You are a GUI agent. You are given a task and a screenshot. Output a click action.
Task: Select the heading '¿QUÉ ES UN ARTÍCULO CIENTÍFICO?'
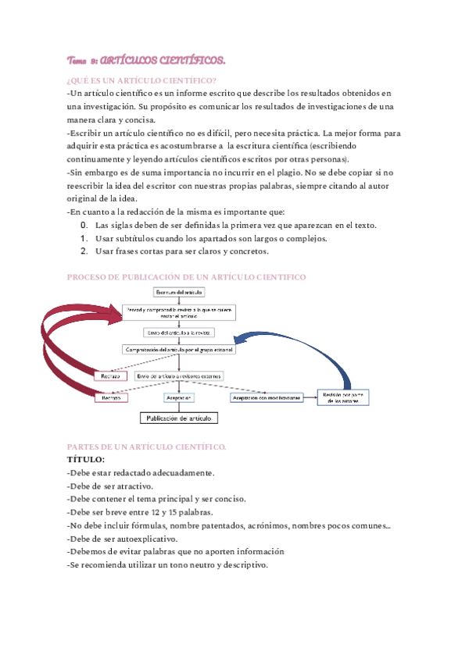coord(142,80)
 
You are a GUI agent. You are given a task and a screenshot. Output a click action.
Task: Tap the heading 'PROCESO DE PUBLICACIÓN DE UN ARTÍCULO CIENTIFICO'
coord(187,277)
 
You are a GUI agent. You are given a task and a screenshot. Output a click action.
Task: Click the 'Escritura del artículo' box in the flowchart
coord(180,292)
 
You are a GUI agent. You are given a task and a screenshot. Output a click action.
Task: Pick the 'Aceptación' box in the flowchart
coord(179,397)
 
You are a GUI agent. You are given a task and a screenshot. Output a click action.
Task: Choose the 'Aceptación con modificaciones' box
coord(266,397)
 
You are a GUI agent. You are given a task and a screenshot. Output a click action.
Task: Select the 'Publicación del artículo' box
coord(179,418)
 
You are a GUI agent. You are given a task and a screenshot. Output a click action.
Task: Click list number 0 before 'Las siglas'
coord(84,226)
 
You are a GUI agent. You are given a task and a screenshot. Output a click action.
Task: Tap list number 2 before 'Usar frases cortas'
coord(84,251)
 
